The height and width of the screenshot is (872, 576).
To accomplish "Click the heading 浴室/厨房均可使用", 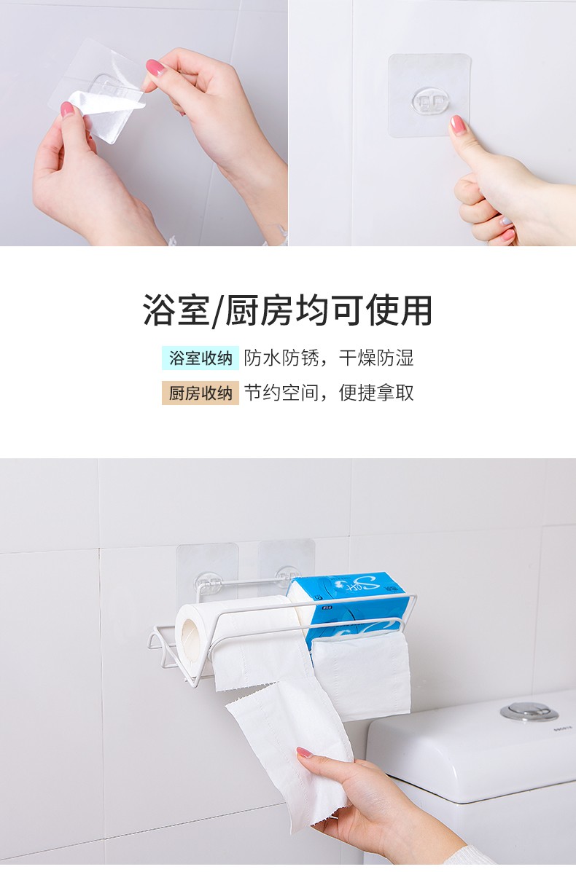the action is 288,310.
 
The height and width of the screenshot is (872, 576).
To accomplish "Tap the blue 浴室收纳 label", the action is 201,358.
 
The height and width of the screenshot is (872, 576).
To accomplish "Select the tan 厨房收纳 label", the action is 201,393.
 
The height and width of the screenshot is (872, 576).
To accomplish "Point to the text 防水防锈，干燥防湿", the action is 329,358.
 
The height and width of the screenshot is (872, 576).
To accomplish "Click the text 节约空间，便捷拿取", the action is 329,393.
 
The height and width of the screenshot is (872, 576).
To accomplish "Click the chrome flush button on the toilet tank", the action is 521,712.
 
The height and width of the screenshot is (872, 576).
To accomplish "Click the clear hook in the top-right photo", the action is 429,102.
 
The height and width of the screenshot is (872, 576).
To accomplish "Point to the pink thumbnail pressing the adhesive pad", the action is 457,125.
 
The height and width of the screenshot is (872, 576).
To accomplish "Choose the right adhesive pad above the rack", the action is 286,562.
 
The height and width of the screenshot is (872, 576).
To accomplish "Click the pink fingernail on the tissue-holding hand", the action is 305,753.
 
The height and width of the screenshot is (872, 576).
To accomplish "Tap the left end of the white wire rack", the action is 153,640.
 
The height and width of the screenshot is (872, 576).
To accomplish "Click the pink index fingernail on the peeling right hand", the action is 155,67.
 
